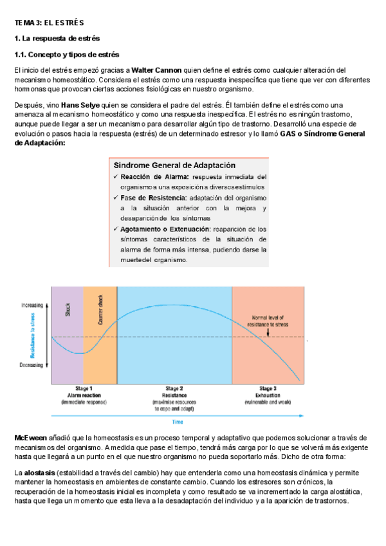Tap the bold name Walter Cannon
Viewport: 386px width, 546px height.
[x=157, y=70]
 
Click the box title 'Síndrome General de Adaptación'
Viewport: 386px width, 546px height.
[x=174, y=165]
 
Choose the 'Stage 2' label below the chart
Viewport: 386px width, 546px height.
[x=174, y=389]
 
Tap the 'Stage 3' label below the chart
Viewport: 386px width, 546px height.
[x=268, y=389]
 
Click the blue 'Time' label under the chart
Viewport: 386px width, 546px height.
[x=177, y=422]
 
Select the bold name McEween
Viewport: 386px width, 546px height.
[x=28, y=438]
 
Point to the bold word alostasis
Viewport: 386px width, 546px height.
[x=41, y=473]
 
